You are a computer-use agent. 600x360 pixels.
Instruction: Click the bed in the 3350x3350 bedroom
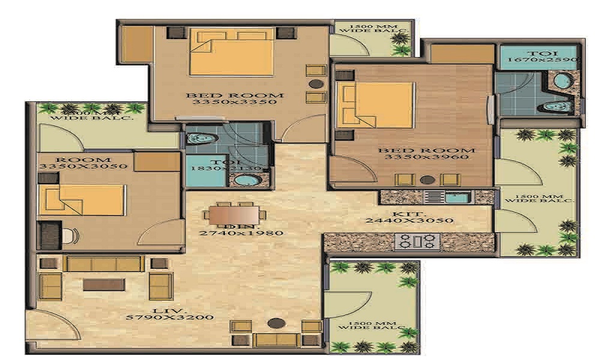click(231, 52)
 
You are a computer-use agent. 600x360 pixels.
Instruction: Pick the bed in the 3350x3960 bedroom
click(375, 105)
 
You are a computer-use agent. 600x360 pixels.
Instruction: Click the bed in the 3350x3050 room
click(82, 199)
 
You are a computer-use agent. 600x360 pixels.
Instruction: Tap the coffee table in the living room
click(103, 284)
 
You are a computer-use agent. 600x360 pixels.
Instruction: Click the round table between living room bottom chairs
click(275, 323)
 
